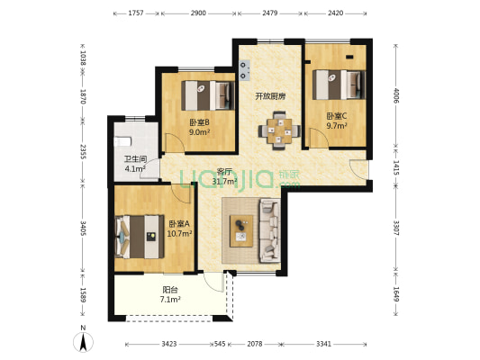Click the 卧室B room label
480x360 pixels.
199,122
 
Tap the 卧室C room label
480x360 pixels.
336,115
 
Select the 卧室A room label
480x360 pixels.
178,223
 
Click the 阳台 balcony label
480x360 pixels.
169,290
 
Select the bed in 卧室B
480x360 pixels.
207,92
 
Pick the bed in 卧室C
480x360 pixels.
338,84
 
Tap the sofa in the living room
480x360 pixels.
269,230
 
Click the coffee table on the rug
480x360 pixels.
241,231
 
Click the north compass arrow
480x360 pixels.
83,341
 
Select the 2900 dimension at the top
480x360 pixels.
199,13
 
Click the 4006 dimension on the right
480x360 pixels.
395,93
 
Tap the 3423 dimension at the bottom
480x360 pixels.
162,343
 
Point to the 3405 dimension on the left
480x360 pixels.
82,227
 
